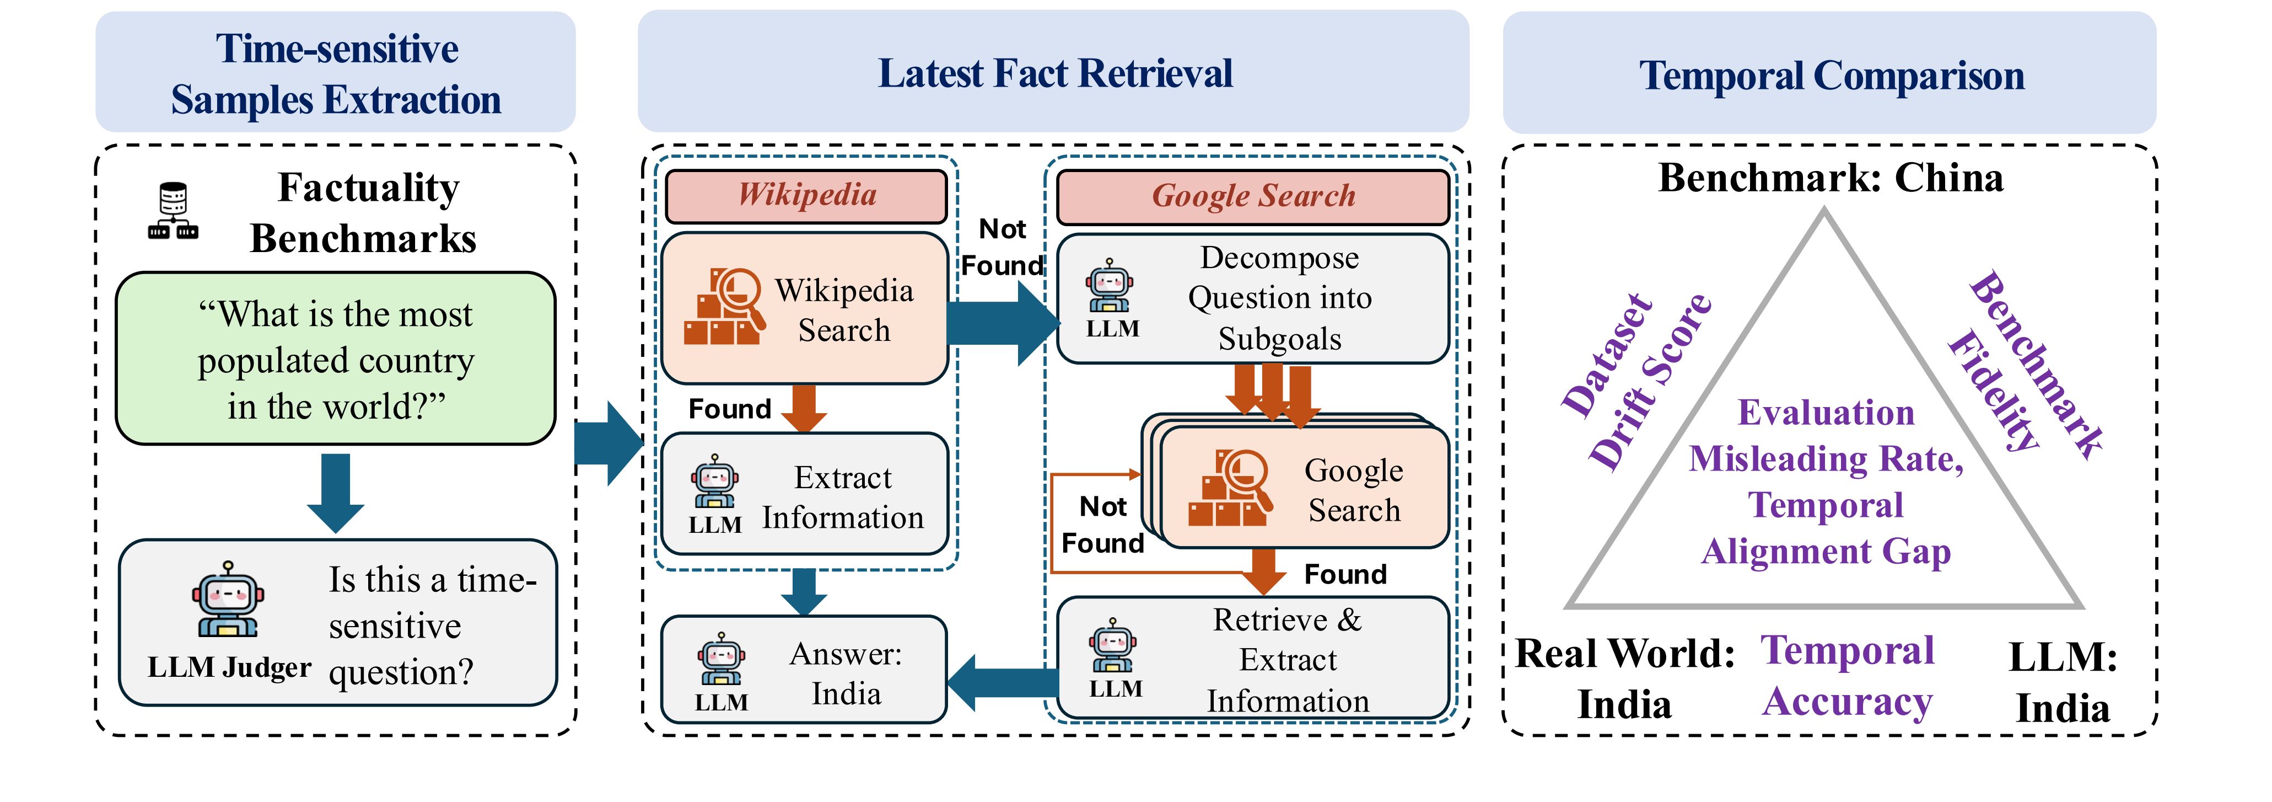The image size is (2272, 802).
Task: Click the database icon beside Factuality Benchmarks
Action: coord(173,210)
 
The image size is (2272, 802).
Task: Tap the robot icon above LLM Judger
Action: coord(228,600)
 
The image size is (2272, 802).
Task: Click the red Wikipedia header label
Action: coord(806,196)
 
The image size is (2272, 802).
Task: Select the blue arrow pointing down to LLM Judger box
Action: coord(335,493)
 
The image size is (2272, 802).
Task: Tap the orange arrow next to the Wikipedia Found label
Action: coord(804,408)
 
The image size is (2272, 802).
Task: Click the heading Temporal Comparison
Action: coord(1831,76)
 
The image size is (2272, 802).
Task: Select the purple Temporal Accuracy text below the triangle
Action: coord(1847,677)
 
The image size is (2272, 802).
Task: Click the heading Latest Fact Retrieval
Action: coord(1055,74)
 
